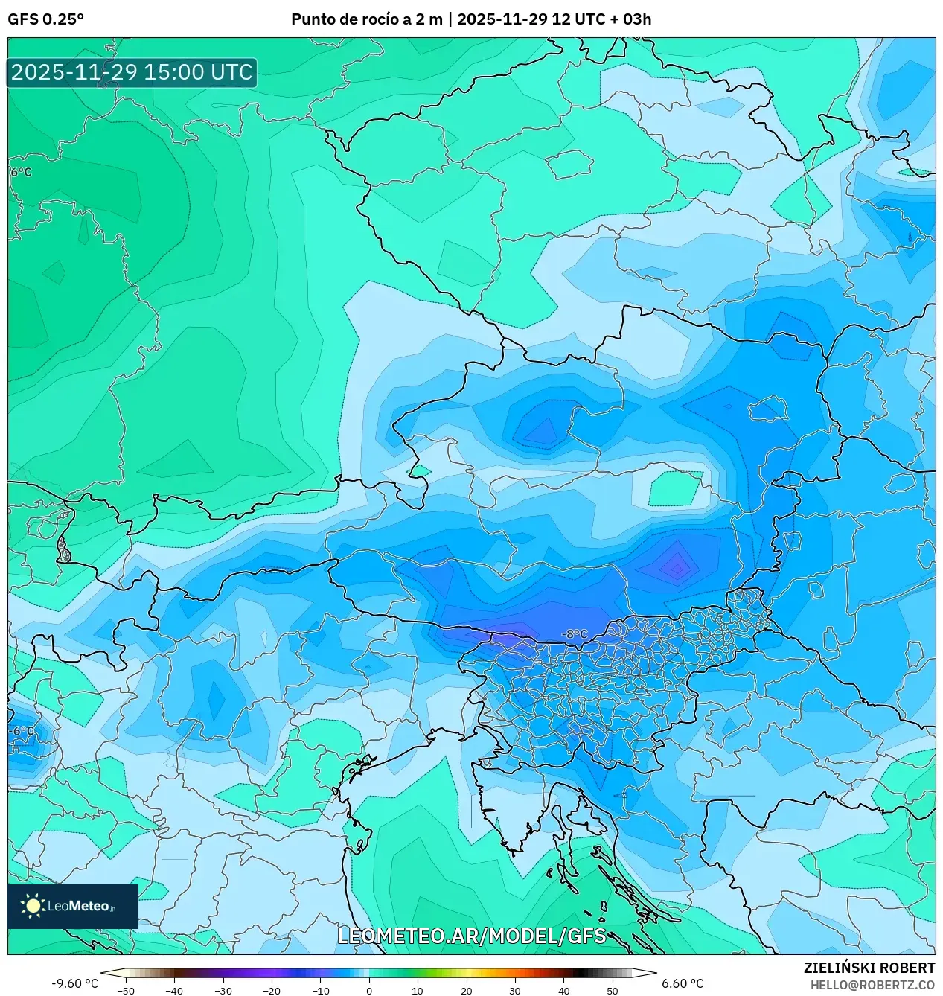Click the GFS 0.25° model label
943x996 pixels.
(45, 19)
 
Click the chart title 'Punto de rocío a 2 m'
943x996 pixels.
(367, 19)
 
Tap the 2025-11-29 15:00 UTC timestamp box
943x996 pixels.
(132, 72)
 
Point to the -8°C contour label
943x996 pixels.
(574, 634)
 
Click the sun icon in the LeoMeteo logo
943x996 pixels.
(33, 905)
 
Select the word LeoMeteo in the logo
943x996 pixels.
(78, 906)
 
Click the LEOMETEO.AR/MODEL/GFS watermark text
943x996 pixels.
(472, 936)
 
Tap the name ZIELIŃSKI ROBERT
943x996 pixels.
(869, 968)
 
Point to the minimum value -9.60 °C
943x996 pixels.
(74, 983)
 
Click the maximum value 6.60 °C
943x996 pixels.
(683, 983)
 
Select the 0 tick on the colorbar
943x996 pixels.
(368, 991)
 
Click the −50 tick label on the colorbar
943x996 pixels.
(126, 991)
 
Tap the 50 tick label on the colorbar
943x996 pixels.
(613, 991)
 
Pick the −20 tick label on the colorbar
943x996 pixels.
(272, 991)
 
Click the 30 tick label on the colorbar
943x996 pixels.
(515, 991)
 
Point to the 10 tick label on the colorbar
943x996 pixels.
(418, 991)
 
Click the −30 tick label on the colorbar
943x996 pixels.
(223, 991)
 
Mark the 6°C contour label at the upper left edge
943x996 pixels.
(22, 172)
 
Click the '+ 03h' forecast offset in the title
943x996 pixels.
(630, 19)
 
